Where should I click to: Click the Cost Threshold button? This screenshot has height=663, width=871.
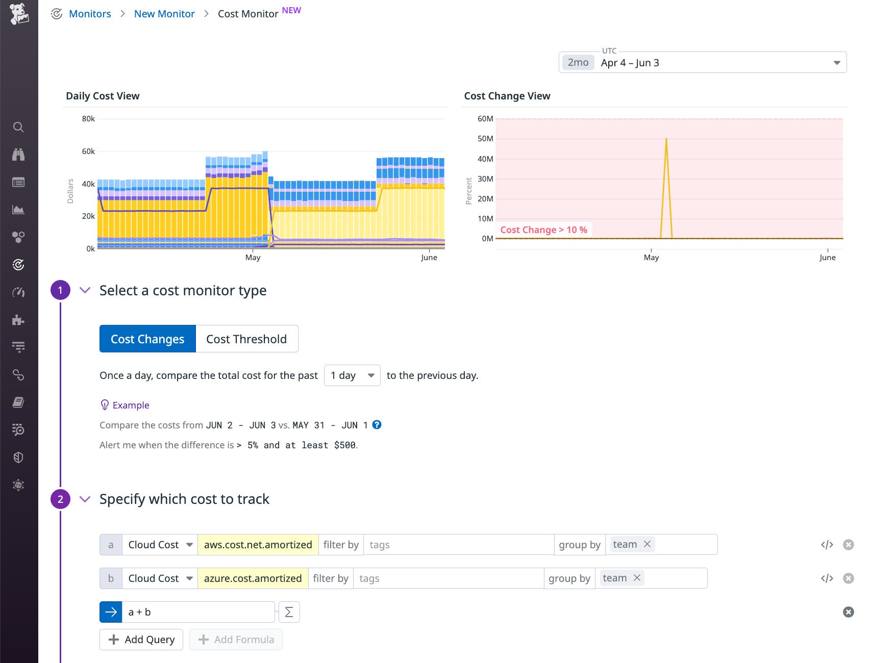pos(246,339)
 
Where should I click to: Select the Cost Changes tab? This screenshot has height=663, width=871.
pos(147,339)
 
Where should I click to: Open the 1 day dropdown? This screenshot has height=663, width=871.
pos(352,375)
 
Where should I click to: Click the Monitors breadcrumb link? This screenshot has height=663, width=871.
pos(90,14)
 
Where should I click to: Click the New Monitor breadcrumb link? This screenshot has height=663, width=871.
pos(164,14)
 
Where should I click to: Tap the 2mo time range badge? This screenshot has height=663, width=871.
pos(578,63)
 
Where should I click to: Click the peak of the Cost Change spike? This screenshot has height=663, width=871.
pos(666,139)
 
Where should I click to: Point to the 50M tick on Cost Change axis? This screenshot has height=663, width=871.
pos(485,139)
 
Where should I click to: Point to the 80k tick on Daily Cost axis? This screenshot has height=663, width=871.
pos(88,119)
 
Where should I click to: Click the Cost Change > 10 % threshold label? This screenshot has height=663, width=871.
pos(543,230)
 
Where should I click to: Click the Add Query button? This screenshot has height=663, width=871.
pos(141,640)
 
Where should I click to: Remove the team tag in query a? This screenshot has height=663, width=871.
pos(647,544)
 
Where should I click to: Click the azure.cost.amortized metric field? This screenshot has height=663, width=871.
pos(253,578)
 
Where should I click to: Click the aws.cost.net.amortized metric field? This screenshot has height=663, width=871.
pos(258,545)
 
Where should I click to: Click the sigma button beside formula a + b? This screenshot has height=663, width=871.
pos(289,612)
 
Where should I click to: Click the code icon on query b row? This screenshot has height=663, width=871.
pos(827,578)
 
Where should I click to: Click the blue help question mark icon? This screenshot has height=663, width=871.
pos(377,425)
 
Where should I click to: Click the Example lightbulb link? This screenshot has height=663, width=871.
pos(125,405)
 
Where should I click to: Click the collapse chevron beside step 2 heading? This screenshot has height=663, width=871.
pos(85,499)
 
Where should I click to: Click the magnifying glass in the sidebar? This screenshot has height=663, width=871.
pos(18,127)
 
